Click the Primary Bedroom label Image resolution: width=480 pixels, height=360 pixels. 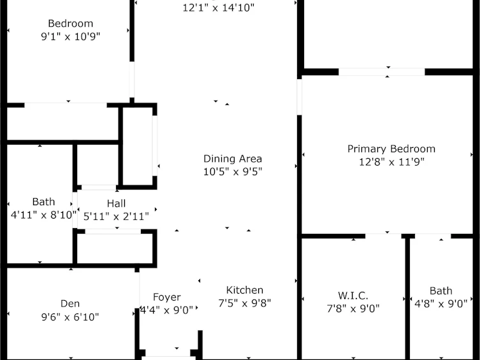(391, 149)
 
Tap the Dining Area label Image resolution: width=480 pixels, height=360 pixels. (233, 159)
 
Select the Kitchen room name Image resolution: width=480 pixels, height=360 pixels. (245, 290)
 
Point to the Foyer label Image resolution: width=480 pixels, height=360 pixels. (167, 297)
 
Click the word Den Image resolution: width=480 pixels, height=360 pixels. (70, 303)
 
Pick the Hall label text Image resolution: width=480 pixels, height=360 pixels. (116, 203)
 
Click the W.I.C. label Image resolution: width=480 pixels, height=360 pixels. (353, 296)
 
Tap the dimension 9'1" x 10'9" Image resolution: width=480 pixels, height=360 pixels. (70, 36)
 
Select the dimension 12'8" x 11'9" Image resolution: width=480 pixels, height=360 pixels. (391, 162)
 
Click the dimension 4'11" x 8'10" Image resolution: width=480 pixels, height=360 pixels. (43, 215)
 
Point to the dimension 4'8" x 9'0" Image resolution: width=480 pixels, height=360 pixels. (441, 304)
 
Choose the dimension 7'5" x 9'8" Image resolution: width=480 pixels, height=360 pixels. (245, 303)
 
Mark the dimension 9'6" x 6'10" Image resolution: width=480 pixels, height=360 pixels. (70, 317)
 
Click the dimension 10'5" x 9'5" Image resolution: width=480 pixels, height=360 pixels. (233, 171)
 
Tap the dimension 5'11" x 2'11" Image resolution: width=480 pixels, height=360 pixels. (116, 217)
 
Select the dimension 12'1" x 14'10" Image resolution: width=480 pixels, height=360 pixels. (218, 8)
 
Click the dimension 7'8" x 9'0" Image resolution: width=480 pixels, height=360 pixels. (353, 308)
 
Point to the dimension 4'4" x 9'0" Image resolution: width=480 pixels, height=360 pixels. (167, 310)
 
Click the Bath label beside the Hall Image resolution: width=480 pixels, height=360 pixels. (43, 202)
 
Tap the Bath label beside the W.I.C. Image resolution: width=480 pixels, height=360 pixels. (441, 291)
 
